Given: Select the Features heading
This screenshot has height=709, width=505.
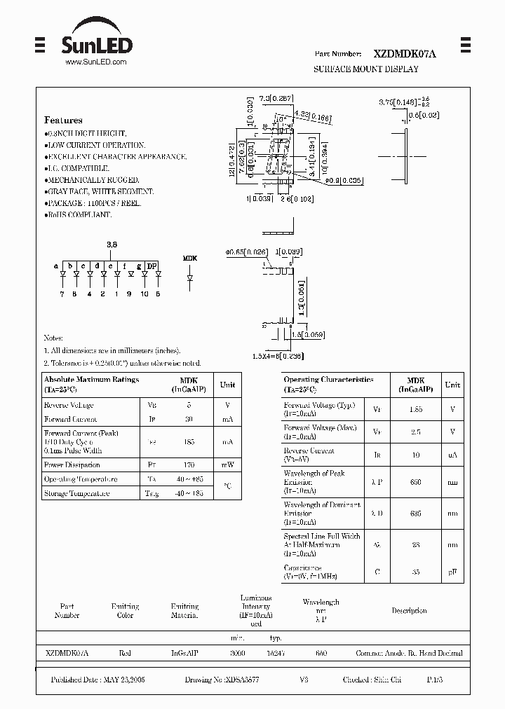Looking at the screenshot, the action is (x=63, y=120).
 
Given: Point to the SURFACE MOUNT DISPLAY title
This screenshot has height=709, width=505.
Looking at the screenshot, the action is (x=365, y=69).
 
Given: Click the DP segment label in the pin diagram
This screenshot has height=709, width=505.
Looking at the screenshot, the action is (x=151, y=266).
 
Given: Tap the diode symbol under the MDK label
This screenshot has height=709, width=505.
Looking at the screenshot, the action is (x=190, y=278).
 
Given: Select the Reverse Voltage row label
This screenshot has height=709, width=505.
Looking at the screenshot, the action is (x=69, y=405).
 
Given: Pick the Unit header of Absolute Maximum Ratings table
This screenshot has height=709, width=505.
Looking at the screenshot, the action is (x=227, y=384).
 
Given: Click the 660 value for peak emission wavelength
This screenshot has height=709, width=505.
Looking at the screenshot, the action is (x=416, y=481).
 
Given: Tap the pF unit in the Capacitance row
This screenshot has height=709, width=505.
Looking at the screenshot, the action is (x=453, y=572).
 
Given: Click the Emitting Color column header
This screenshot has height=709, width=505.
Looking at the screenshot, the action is (x=125, y=610).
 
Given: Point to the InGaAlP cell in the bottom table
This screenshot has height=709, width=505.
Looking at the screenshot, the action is (x=184, y=653).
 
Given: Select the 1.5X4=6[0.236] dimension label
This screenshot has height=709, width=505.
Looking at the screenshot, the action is (x=278, y=356).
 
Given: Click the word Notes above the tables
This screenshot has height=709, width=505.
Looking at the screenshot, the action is (x=53, y=338).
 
